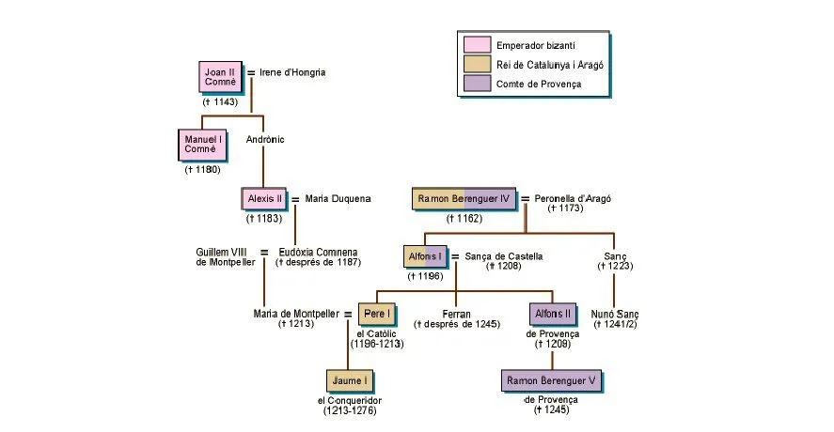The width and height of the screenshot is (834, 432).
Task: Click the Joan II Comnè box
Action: (220, 77)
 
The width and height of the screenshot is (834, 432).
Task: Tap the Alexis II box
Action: (264, 199)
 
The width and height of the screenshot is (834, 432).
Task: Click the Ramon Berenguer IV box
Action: (464, 199)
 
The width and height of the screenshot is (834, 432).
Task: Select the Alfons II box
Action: (552, 314)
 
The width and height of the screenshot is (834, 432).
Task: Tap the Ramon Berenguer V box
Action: (552, 381)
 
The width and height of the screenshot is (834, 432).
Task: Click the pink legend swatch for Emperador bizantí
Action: (477, 45)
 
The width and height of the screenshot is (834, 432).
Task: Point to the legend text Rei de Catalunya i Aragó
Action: (550, 65)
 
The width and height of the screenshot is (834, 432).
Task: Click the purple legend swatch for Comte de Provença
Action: (477, 85)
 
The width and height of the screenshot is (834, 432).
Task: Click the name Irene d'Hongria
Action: (292, 72)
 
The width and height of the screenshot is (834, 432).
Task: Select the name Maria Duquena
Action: (338, 199)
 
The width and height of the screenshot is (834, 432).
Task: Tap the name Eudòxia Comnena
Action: (318, 252)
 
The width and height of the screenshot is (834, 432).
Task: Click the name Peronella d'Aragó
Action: (572, 199)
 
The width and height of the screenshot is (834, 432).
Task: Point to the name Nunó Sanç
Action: (615, 313)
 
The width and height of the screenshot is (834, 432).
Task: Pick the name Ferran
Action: (456, 314)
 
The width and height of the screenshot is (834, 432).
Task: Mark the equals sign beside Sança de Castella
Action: (455, 256)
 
